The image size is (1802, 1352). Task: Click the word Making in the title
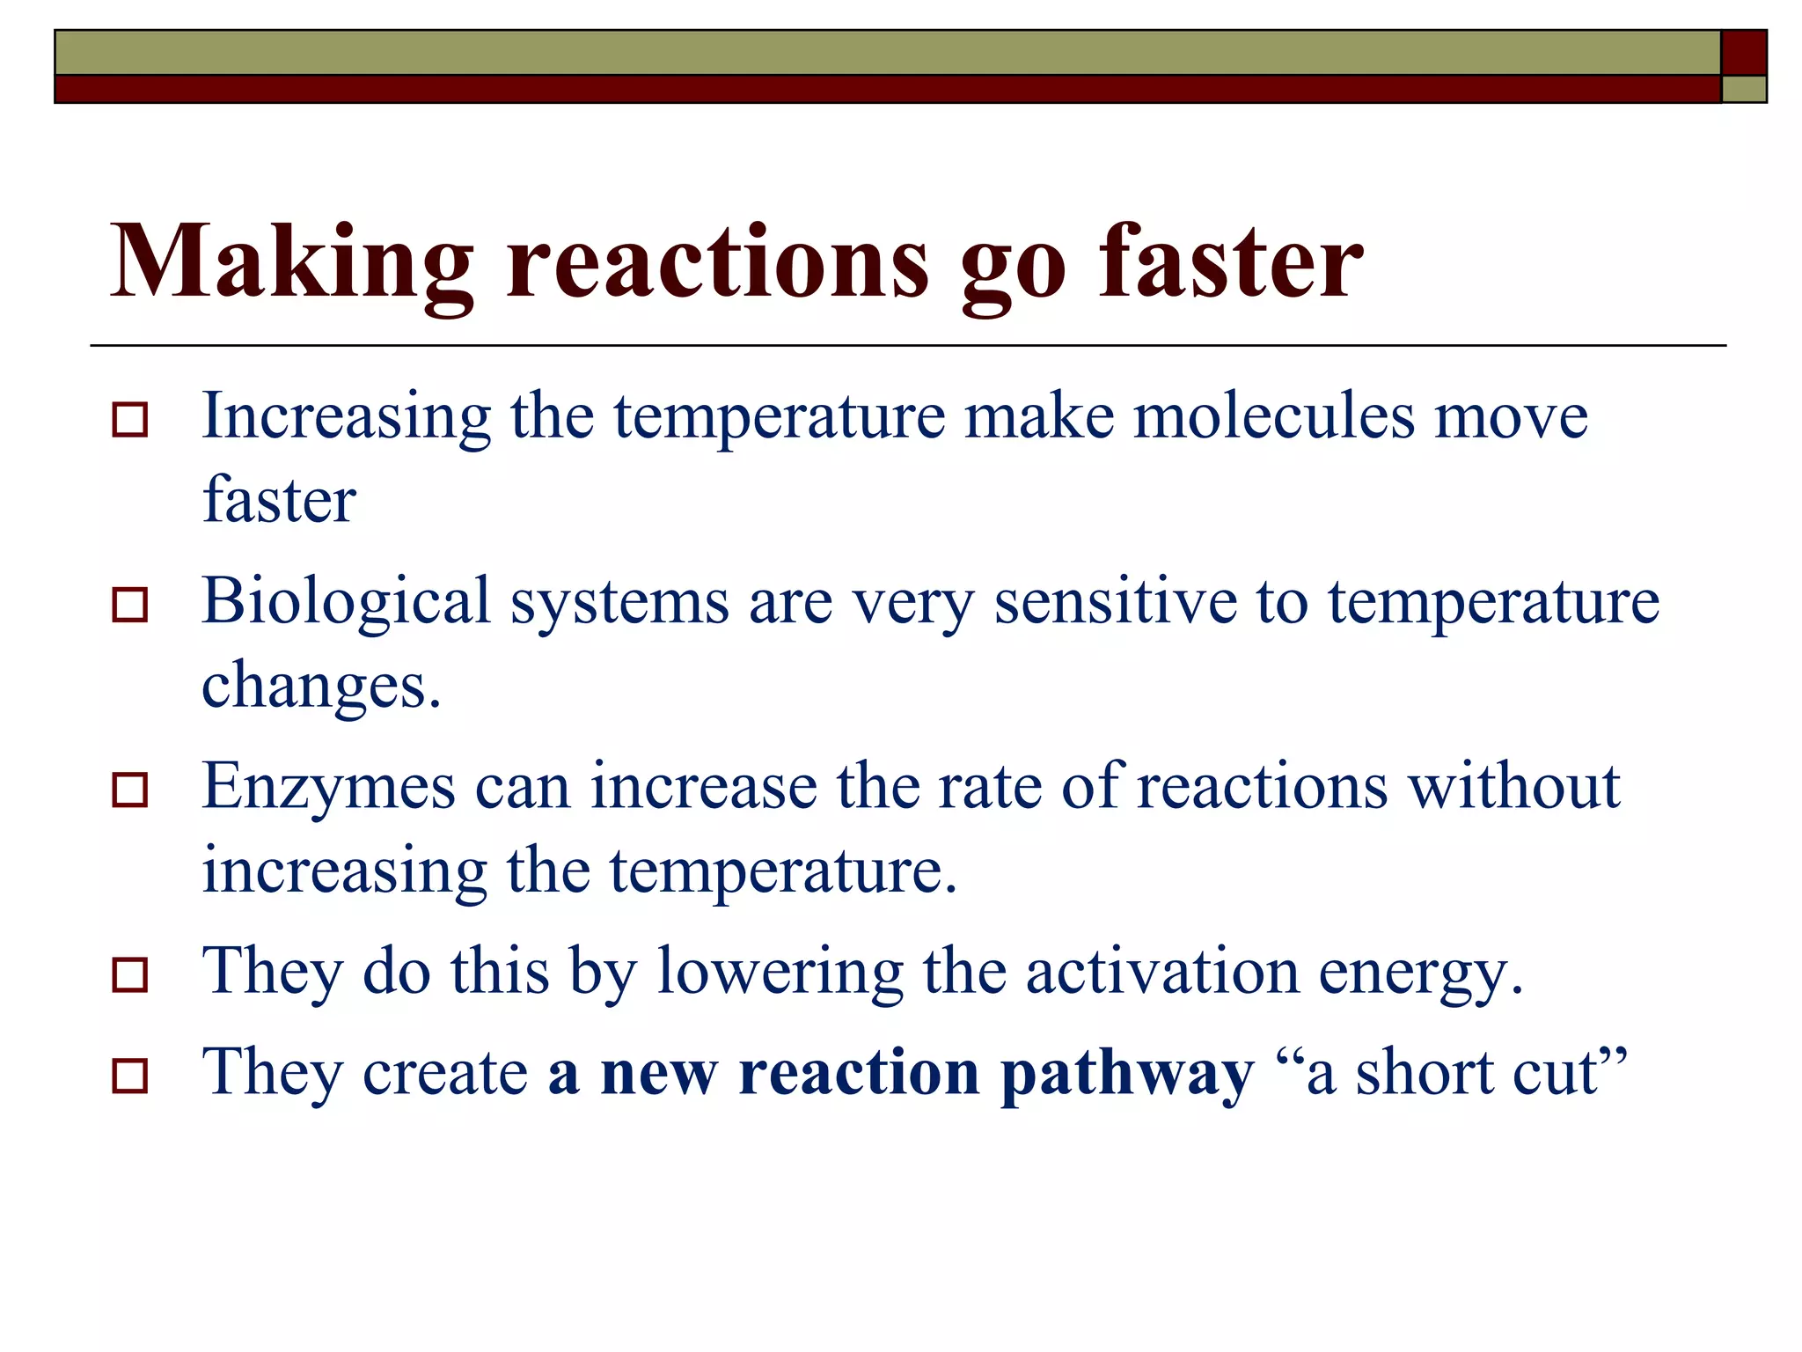(291, 263)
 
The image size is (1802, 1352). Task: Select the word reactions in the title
(717, 263)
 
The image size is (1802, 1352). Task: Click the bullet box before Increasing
(130, 420)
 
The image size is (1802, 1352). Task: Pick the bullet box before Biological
(130, 606)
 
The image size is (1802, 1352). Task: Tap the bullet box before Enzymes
(130, 790)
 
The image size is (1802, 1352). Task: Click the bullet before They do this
(130, 975)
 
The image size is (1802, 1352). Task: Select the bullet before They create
(130, 1076)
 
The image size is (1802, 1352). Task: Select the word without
(1513, 786)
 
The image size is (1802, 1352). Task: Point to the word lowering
(780, 974)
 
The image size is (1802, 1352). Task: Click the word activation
(1161, 972)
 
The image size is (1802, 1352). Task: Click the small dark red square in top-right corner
(1743, 53)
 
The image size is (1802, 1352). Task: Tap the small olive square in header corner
(1743, 89)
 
